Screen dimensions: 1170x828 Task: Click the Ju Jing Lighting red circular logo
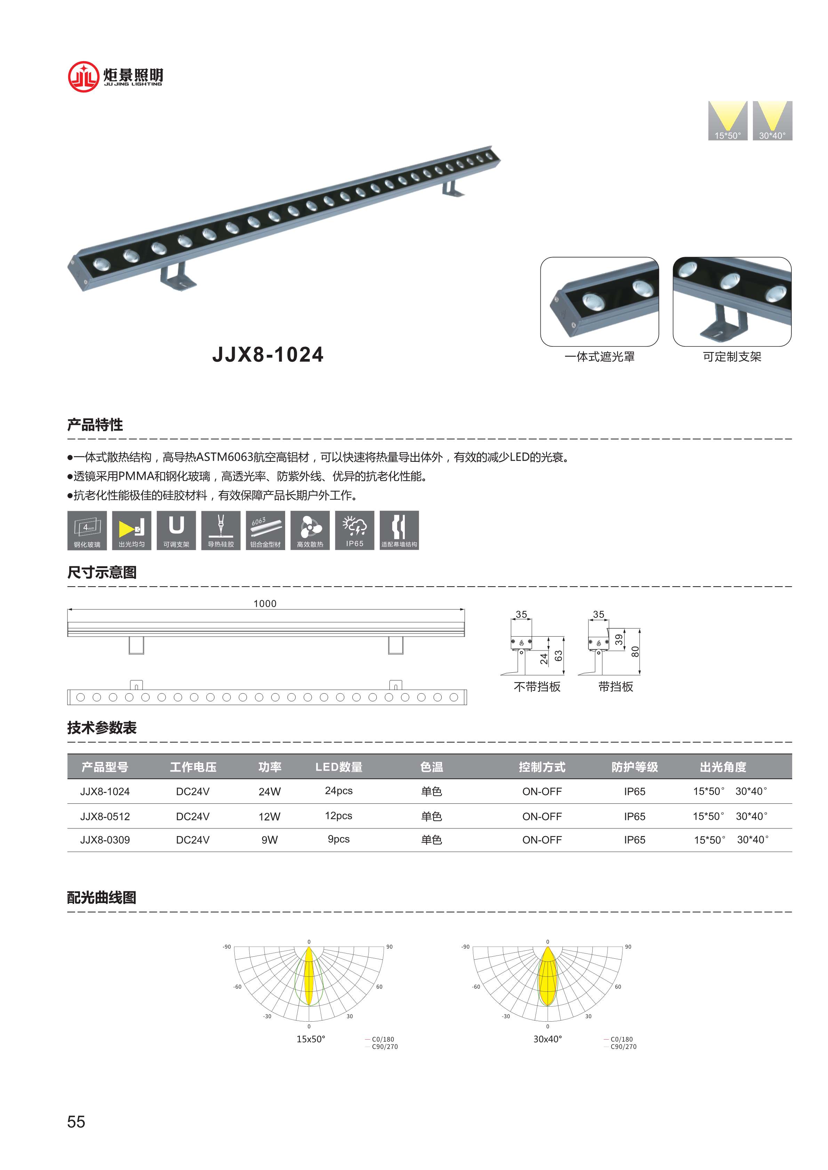click(83, 76)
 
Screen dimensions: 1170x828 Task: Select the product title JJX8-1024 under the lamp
click(268, 355)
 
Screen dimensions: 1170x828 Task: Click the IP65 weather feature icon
click(354, 530)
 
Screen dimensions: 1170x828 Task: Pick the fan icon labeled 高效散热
click(310, 530)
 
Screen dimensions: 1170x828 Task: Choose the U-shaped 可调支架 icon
click(176, 530)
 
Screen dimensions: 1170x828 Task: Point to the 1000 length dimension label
click(265, 603)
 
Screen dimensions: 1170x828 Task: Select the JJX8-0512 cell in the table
click(105, 816)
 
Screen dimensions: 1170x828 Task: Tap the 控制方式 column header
click(542, 767)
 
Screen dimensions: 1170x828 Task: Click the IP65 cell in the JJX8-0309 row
click(634, 840)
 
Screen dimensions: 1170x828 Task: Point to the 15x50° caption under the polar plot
click(311, 1039)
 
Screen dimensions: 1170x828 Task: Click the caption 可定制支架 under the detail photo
click(732, 357)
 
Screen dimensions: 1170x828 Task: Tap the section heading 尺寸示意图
click(102, 572)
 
